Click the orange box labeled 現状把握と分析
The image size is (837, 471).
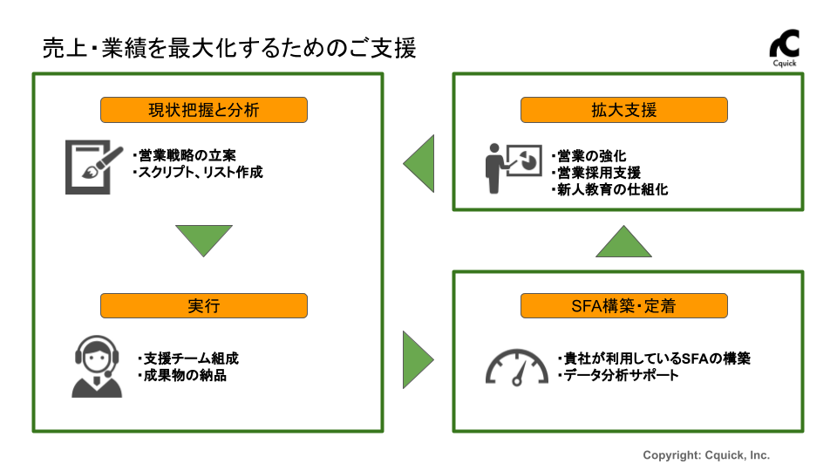(204, 110)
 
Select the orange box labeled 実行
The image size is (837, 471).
(204, 305)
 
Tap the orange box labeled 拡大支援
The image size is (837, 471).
(623, 110)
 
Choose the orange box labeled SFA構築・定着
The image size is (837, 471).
(623, 305)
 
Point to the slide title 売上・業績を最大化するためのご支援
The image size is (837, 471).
(229, 48)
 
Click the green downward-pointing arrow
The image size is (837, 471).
(204, 240)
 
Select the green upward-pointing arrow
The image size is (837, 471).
(624, 241)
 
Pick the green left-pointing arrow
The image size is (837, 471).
(419, 162)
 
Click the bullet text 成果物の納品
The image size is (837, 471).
(185, 376)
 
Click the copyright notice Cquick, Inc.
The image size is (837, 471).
(706, 455)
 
